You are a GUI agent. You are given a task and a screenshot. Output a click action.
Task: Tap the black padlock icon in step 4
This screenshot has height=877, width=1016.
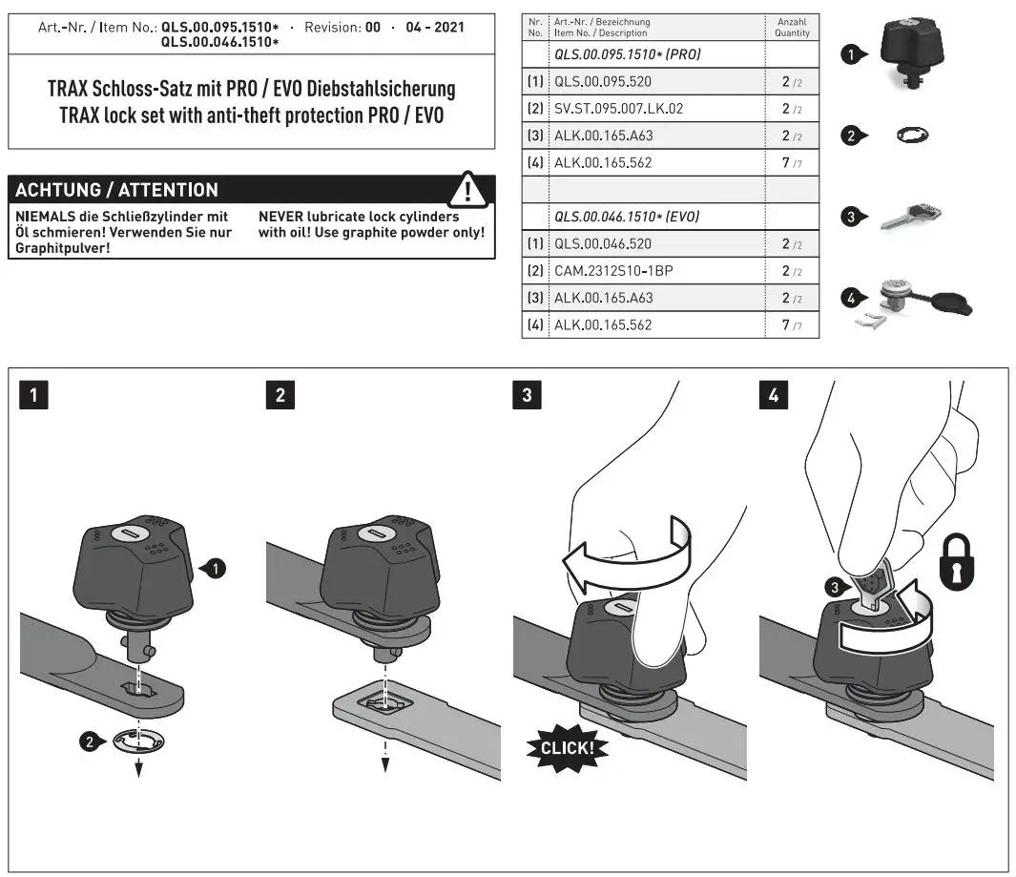[x=961, y=562]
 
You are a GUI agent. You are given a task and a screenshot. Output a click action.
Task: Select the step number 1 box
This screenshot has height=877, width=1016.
[x=33, y=394]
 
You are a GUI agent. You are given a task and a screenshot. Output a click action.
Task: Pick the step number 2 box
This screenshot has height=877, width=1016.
[x=280, y=394]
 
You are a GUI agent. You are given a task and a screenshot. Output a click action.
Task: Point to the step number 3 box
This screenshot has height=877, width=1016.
[x=526, y=394]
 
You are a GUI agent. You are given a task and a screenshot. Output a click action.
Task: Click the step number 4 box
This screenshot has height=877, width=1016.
[x=773, y=394]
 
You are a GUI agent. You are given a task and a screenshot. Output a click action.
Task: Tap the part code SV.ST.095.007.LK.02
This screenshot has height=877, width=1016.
[x=618, y=109]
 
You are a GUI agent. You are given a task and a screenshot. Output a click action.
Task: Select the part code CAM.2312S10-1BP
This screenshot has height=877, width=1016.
[x=613, y=271]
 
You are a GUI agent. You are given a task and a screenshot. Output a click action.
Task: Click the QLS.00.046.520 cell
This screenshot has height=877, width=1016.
[x=602, y=244]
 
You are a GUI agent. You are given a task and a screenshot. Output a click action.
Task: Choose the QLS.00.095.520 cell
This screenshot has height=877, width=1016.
[x=602, y=82]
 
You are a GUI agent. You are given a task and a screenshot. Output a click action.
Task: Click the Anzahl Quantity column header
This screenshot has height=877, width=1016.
[x=791, y=27]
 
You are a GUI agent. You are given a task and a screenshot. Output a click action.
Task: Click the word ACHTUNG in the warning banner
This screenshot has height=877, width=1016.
[x=59, y=190]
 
